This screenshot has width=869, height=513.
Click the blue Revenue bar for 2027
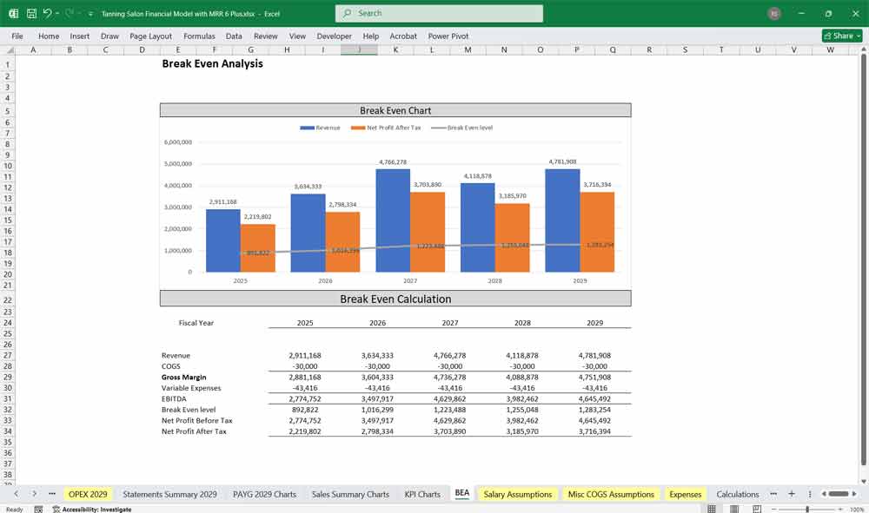[x=393, y=220]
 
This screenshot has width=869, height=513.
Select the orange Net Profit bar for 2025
[x=257, y=248]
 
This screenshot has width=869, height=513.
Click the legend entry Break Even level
[x=469, y=128]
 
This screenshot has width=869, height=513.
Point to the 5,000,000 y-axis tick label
[x=177, y=164]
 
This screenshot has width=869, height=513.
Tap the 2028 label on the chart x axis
[x=494, y=281]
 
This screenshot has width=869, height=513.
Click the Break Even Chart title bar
[x=395, y=110]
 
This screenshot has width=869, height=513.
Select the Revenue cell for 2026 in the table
[x=377, y=356]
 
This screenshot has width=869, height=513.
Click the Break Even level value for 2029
[x=594, y=410]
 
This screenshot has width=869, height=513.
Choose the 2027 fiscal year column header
[x=449, y=323]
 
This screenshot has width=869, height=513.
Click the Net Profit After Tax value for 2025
[x=305, y=431]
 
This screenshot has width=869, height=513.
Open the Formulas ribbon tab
[x=199, y=36]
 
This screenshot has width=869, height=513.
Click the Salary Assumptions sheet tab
[x=518, y=494]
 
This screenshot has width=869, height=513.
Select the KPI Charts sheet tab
[x=422, y=494]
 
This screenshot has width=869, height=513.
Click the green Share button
[x=842, y=36]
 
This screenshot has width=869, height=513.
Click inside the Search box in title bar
[x=439, y=13]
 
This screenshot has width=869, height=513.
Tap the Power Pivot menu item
[x=448, y=36]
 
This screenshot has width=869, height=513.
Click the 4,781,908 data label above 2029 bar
[x=562, y=161]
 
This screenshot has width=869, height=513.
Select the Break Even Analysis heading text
[x=212, y=64]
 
